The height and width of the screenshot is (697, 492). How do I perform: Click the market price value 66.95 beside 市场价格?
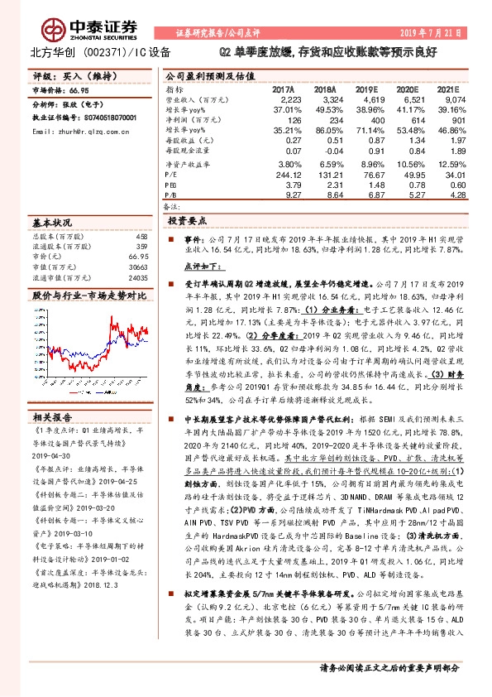[79, 89]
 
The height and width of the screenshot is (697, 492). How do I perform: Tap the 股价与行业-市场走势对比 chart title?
[83, 294]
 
